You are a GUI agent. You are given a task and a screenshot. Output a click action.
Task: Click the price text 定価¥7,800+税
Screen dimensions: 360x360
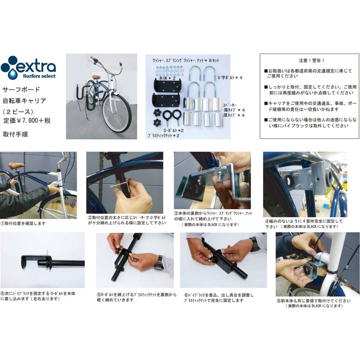coord(27,120)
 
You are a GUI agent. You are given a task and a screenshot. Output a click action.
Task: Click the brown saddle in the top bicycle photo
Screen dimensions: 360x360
coord(96,77)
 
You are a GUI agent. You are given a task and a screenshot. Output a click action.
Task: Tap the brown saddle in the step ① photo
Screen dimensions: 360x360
coord(16,165)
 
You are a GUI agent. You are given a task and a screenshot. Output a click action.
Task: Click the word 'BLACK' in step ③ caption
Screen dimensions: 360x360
coord(222,225)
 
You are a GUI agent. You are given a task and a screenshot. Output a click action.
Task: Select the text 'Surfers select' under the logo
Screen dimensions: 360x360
coord(39,76)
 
